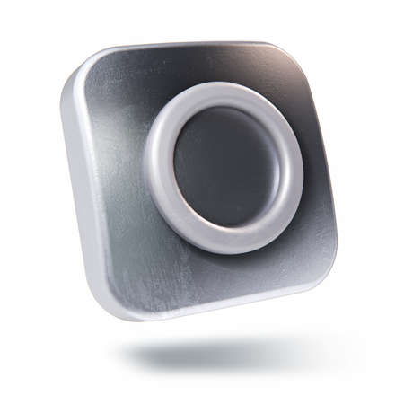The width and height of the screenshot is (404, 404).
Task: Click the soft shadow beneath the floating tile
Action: [224, 355]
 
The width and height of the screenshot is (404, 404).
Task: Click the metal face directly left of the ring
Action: [112, 171]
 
